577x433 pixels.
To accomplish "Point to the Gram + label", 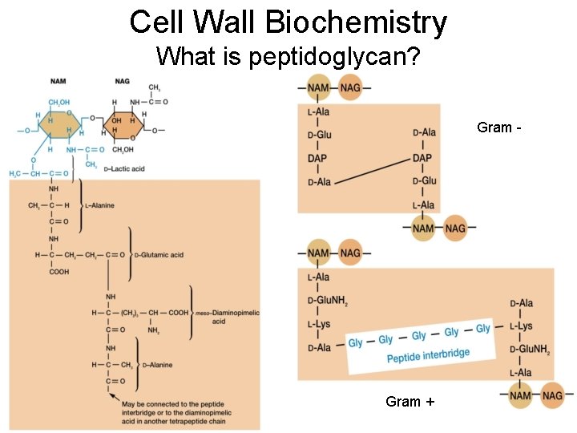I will (410, 401).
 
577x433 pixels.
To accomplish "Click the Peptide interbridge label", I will (428, 354).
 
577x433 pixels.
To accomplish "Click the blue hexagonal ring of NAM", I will (59, 123).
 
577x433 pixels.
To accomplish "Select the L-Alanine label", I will (99, 205).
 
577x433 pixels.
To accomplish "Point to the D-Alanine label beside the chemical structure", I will (156, 365).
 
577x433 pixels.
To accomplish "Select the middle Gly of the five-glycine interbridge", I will (419, 335).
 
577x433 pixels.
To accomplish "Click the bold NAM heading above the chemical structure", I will (58, 81).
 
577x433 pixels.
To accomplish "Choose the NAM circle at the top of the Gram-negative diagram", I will (318, 87).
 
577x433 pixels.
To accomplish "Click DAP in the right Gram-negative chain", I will (422, 158).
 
